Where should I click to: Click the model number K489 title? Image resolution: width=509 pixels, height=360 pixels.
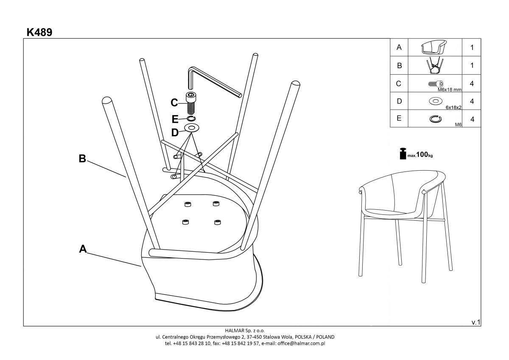click(39, 32)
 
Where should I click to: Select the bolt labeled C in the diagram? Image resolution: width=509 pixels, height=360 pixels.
click(191, 103)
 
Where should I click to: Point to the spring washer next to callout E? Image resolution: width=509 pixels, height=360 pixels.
click(191, 118)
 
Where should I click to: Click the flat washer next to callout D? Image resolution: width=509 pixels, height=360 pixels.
click(192, 128)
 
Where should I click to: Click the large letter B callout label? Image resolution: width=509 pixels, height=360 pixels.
click(82, 158)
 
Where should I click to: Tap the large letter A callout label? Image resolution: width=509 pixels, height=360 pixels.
click(83, 249)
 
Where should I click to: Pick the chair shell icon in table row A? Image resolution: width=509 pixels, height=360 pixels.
click(434, 47)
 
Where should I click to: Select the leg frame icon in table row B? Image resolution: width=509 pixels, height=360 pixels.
click(435, 66)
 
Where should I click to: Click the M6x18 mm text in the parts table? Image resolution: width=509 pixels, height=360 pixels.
click(450, 90)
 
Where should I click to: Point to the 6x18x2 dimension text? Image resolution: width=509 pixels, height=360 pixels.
click(453, 107)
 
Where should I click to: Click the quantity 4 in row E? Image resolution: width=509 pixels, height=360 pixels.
click(472, 119)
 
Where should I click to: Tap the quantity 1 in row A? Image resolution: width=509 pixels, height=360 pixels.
click(472, 48)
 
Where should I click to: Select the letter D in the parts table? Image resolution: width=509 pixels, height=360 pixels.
click(399, 101)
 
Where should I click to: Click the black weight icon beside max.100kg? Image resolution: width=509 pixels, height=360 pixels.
click(403, 154)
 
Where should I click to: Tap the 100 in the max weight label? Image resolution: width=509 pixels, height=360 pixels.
click(422, 155)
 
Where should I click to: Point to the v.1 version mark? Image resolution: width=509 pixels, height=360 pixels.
click(476, 322)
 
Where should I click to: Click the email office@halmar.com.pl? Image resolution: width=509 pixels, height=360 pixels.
click(301, 343)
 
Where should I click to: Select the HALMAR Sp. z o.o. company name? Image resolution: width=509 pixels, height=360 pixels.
click(245, 330)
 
